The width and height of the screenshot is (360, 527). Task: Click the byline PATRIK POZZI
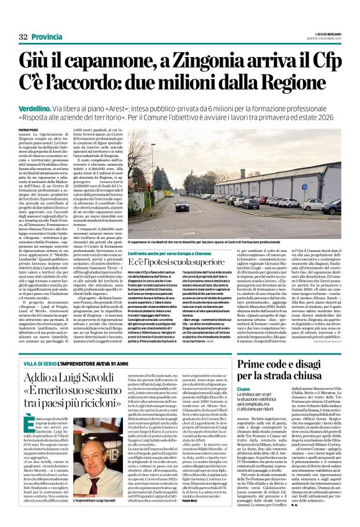coord(29,129)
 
